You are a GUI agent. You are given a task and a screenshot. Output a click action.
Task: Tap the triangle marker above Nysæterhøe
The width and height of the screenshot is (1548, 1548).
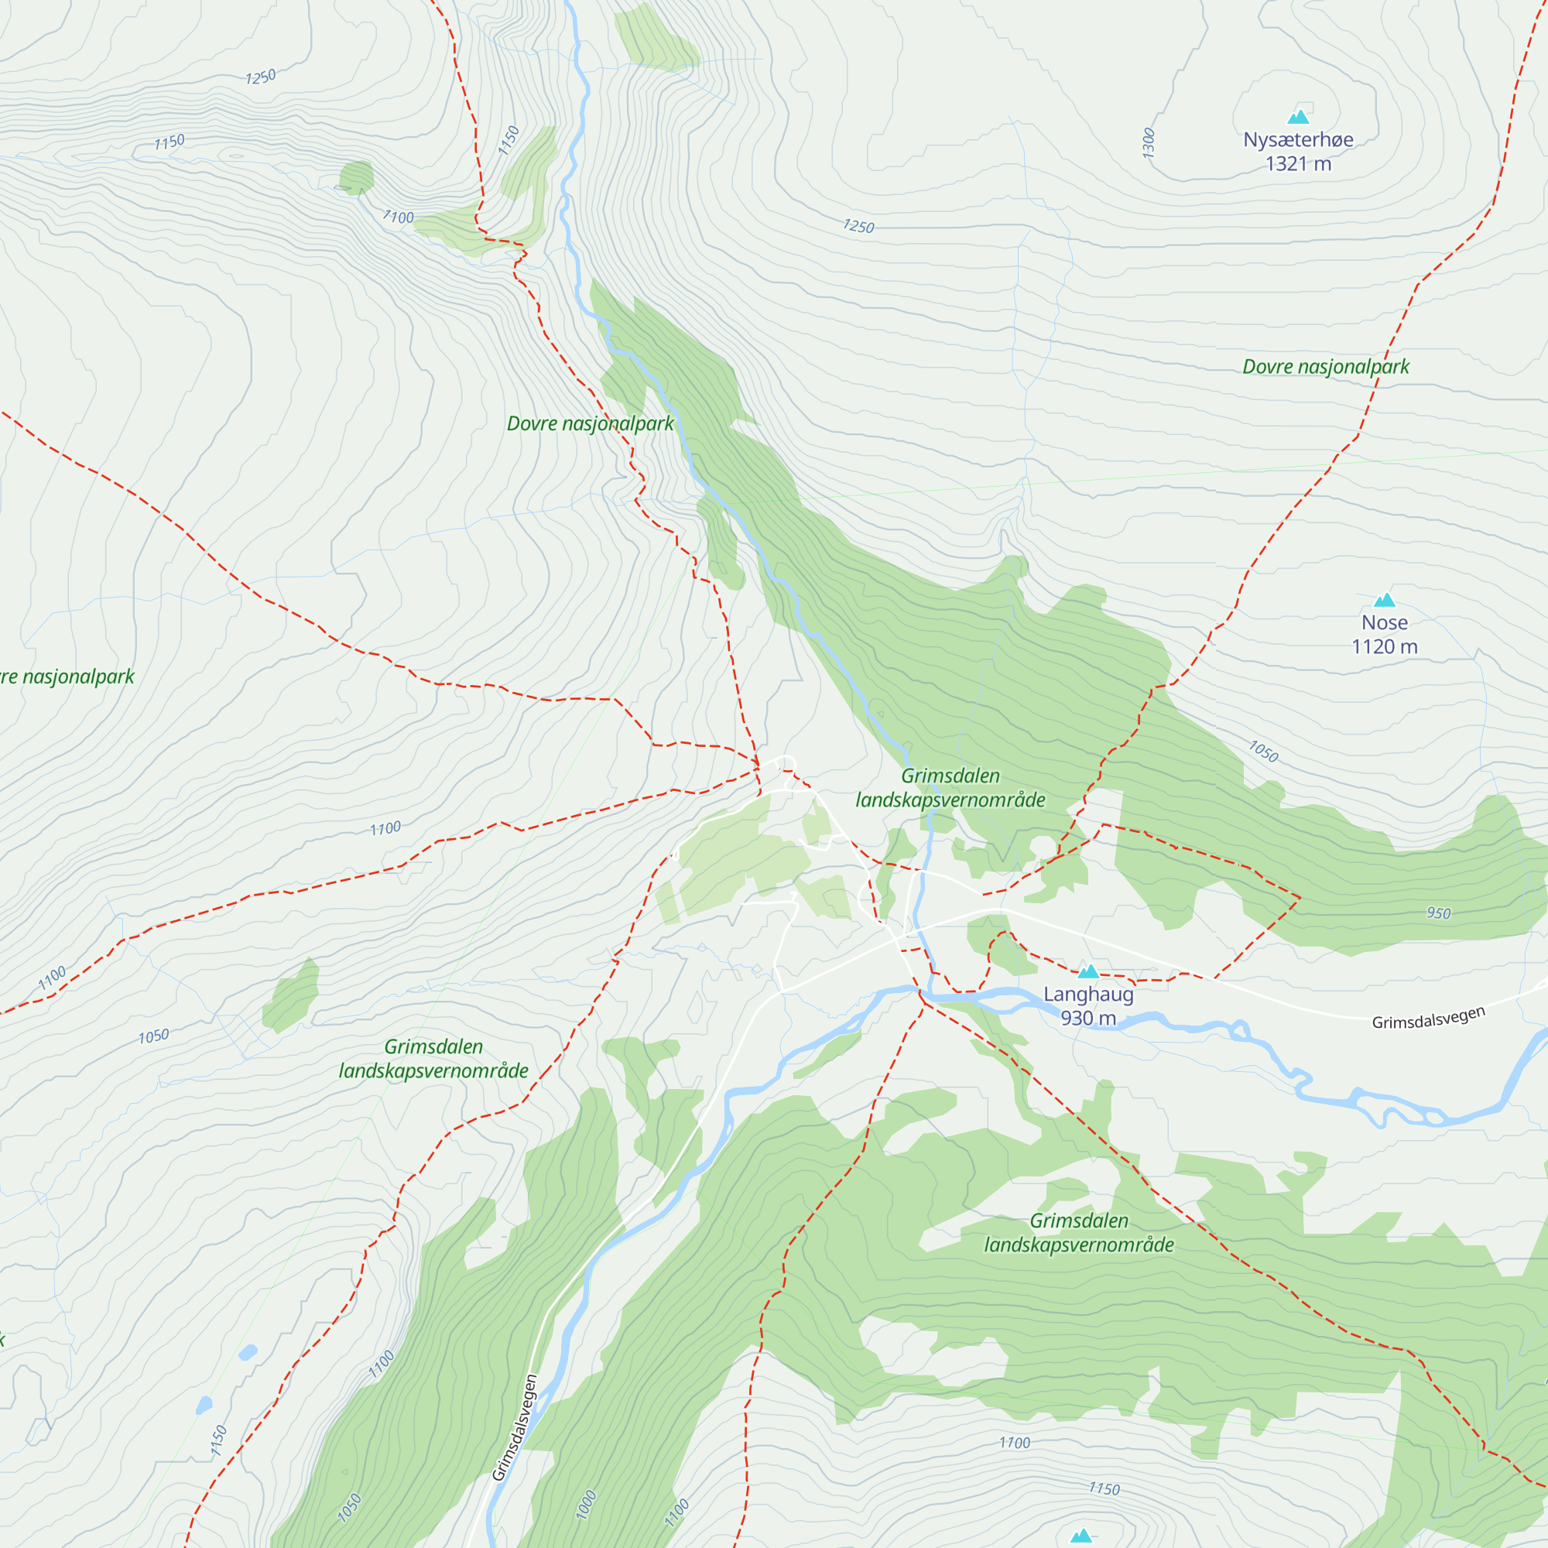1298,118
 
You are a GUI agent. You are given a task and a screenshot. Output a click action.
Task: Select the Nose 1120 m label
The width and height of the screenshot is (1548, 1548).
1385,635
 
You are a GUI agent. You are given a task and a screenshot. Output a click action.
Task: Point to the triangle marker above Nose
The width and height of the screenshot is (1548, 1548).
1385,600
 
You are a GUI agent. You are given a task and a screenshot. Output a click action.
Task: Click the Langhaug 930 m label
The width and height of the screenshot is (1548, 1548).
1088,1005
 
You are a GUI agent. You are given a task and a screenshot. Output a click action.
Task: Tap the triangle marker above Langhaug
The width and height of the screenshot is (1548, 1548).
1088,972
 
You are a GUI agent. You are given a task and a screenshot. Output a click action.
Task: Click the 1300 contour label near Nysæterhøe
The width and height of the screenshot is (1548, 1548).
1148,142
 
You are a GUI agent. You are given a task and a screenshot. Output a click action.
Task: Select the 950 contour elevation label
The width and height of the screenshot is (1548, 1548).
1438,913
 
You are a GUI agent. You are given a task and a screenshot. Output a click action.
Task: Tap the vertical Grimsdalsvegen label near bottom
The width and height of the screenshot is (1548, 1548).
515,1428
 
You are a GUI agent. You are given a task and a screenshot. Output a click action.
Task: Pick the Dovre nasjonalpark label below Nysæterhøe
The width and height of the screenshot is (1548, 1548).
1325,367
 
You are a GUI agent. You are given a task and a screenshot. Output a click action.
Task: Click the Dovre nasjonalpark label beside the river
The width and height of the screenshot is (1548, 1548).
591,424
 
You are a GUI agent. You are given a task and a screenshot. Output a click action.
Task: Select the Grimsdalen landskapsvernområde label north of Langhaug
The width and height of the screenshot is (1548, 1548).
950,788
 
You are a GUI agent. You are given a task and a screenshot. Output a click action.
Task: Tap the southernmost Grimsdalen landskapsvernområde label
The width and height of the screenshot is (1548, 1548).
1078,1232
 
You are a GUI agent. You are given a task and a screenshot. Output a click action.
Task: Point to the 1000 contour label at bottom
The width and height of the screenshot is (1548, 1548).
586,1504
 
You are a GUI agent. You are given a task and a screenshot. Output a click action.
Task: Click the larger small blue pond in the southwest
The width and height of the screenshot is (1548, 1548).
248,1352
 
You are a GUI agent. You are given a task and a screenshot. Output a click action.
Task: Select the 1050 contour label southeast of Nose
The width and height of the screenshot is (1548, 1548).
1264,751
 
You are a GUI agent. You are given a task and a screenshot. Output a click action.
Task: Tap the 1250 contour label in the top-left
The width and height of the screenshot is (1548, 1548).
260,77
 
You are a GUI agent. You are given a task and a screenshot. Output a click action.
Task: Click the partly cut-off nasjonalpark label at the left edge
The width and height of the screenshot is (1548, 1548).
67,677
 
